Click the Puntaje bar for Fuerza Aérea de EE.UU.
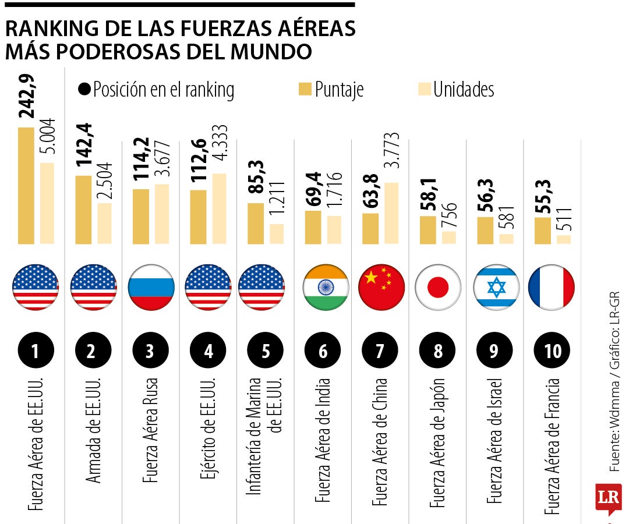click(x=26, y=185)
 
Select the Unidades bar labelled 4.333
click(x=219, y=208)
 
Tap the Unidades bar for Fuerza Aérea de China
click(x=391, y=213)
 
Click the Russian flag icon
click(x=151, y=287)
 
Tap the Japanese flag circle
click(x=438, y=287)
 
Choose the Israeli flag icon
click(x=496, y=287)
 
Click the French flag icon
click(x=551, y=287)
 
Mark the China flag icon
click(x=381, y=287)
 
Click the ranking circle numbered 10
click(x=552, y=351)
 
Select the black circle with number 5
click(x=266, y=351)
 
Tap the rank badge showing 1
click(x=36, y=351)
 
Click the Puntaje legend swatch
click(x=305, y=89)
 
